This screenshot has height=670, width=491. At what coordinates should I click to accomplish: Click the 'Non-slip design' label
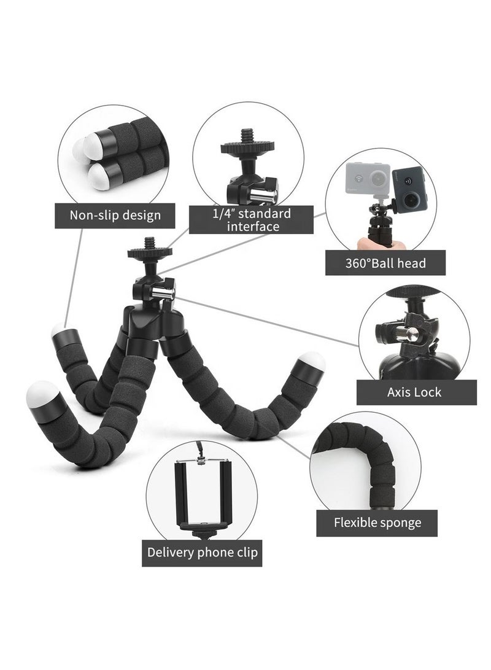115,216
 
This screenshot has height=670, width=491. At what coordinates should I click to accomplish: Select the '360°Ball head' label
385,263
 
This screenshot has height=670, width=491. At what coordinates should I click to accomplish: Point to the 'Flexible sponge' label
377,523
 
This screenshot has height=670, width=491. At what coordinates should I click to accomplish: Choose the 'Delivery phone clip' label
202,553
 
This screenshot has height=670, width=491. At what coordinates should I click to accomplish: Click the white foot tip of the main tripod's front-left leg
42,394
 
